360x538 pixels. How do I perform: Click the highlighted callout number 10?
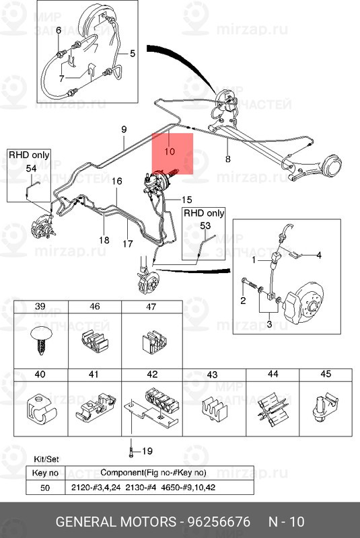point(170,151)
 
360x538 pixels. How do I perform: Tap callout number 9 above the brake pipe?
point(124,129)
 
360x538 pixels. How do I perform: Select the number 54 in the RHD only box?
point(31,168)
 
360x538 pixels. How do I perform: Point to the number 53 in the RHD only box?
point(205,226)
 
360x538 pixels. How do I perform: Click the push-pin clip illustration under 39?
point(41,340)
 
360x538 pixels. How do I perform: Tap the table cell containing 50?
point(45,487)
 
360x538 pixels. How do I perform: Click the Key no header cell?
point(45,473)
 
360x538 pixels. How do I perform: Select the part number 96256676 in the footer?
point(219,522)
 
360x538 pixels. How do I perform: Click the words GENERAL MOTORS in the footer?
point(116,522)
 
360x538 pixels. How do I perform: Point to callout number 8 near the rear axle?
point(228,159)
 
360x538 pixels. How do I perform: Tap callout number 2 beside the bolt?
point(243,301)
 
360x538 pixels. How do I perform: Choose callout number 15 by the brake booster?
point(186,200)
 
